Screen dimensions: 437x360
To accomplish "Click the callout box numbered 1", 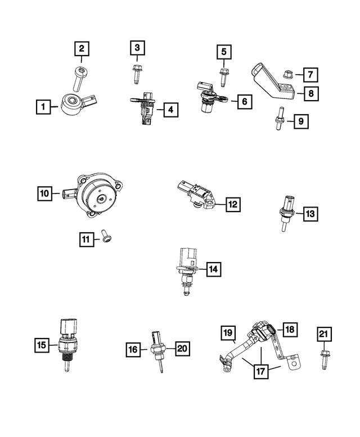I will click(41, 105).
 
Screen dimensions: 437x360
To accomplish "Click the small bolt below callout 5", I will click(223, 76).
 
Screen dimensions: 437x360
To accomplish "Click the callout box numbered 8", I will click(310, 93).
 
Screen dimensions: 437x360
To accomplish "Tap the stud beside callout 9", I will click(278, 119).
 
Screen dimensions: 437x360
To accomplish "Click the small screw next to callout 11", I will click(105, 238).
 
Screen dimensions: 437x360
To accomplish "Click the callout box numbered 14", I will click(213, 270).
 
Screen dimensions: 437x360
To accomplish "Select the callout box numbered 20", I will click(181, 349).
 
